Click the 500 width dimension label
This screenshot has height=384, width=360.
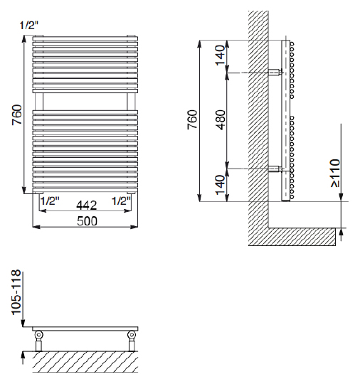coord(87,221)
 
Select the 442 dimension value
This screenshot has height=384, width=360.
coord(87,206)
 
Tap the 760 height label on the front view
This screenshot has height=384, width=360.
coord(17,114)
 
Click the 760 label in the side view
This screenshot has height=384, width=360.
coord(192,119)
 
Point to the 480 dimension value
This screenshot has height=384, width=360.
coord(220,119)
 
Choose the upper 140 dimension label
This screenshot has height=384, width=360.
coord(220,55)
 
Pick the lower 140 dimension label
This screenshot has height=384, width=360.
coord(220,185)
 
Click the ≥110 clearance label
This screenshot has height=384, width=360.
coord(336,173)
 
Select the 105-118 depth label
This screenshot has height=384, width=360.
coord(16,292)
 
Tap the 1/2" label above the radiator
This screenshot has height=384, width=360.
coord(29,25)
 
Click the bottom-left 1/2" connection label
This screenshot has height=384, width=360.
coord(50,201)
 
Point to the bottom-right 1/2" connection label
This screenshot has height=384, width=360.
coord(122,201)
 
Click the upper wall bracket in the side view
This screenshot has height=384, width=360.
coord(275,73)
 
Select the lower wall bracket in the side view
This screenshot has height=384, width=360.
coord(275,169)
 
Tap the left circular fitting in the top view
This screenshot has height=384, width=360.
coord(38,334)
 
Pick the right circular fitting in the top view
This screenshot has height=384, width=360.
coord(132,334)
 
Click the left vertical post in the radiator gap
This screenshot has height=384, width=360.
coord(39,102)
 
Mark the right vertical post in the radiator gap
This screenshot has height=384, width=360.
coord(131,102)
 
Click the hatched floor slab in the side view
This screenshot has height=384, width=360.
coord(302,237)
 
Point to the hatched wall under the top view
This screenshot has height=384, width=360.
coord(85,362)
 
